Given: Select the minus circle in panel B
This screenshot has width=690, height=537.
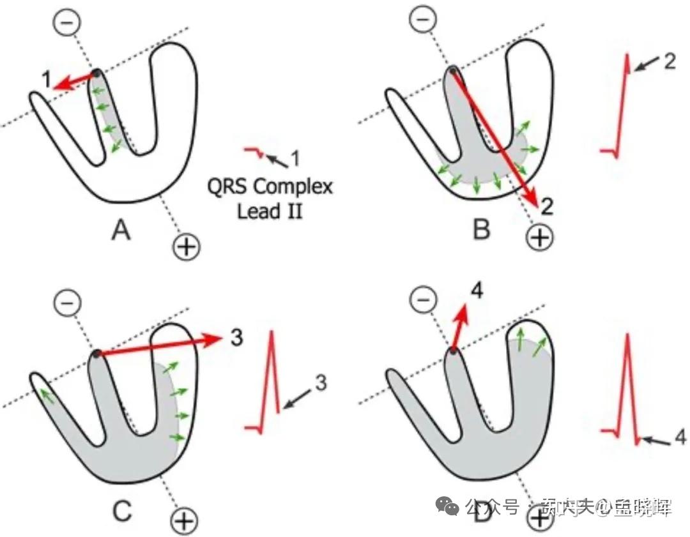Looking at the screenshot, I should (x=420, y=19).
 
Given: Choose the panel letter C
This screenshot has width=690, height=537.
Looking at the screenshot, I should (x=121, y=511).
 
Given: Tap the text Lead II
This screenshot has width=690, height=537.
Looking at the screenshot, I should (x=270, y=210).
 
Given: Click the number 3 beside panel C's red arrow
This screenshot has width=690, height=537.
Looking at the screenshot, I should (x=236, y=338).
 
